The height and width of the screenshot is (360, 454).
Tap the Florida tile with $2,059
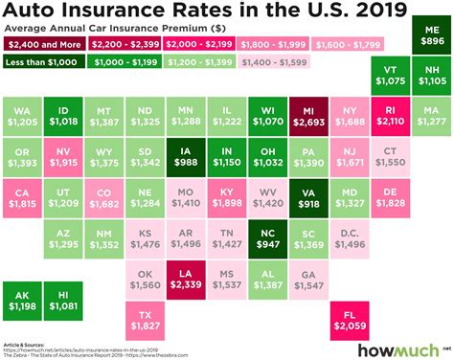[x=346, y=324]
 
